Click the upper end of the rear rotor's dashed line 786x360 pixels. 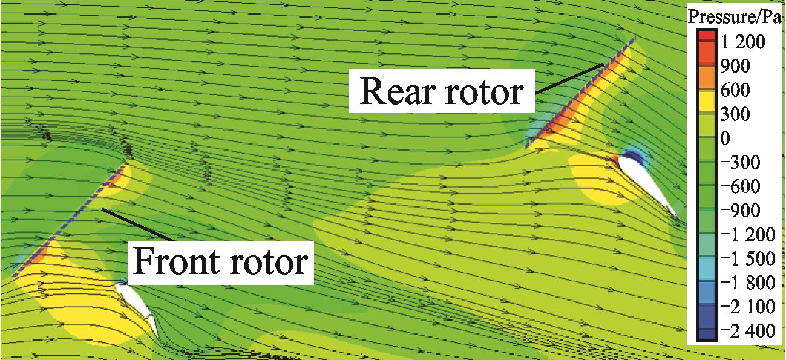[635, 36]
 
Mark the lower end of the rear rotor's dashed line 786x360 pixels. [526, 148]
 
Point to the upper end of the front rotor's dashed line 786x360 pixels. [125, 164]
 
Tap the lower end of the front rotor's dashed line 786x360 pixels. [13, 277]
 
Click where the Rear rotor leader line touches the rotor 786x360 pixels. [603, 64]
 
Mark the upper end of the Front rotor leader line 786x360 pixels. [102, 209]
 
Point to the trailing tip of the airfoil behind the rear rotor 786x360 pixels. [678, 220]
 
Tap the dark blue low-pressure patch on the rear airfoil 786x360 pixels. [634, 157]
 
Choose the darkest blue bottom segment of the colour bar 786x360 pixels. [707, 333]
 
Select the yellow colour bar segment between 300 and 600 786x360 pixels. [707, 102]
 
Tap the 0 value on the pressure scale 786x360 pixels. [725, 138]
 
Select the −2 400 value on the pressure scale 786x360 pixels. [747, 330]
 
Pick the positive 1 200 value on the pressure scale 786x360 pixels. [743, 42]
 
